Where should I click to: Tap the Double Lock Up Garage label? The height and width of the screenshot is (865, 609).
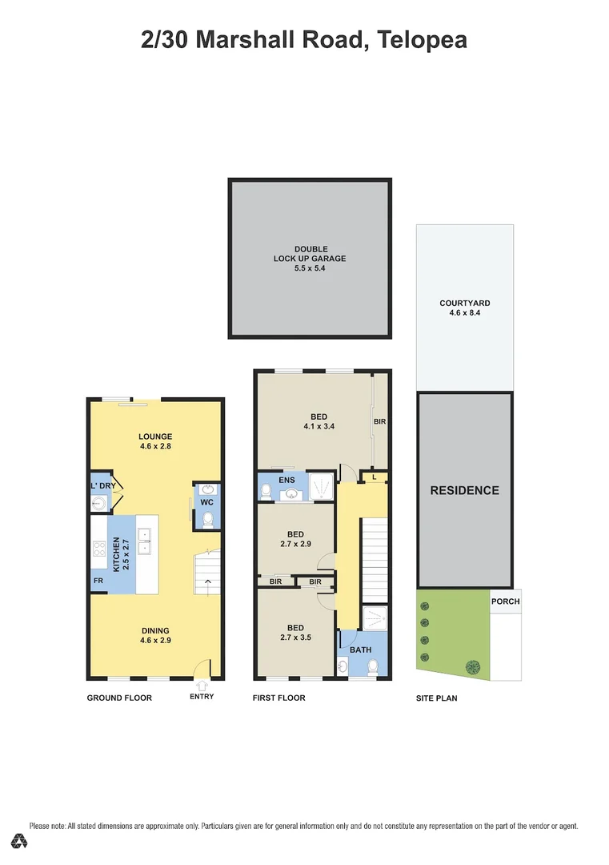pyautogui.click(x=309, y=259)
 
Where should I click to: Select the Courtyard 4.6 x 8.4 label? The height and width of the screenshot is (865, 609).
pyautogui.click(x=464, y=308)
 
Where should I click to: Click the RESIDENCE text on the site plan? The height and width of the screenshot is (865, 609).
pyautogui.click(x=464, y=490)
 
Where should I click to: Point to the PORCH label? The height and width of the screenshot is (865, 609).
pyautogui.click(x=506, y=601)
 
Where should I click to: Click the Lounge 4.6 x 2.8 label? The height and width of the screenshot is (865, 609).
pyautogui.click(x=154, y=441)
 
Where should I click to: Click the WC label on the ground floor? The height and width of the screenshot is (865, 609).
pyautogui.click(x=206, y=502)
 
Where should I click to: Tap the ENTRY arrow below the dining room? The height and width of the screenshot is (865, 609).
pyautogui.click(x=202, y=686)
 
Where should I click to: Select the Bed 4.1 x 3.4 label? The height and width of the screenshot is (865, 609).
pyautogui.click(x=319, y=421)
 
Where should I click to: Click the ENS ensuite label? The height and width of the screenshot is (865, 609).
pyautogui.click(x=287, y=480)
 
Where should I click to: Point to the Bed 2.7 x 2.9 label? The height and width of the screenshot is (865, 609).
pyautogui.click(x=295, y=538)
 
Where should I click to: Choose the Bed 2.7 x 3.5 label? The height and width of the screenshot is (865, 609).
pyautogui.click(x=295, y=633)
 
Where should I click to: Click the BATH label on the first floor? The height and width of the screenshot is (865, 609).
pyautogui.click(x=360, y=651)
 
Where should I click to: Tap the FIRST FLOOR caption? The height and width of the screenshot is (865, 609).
pyautogui.click(x=278, y=698)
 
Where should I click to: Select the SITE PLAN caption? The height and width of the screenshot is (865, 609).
pyautogui.click(x=437, y=698)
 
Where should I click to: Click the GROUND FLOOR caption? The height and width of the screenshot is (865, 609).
pyautogui.click(x=119, y=698)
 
